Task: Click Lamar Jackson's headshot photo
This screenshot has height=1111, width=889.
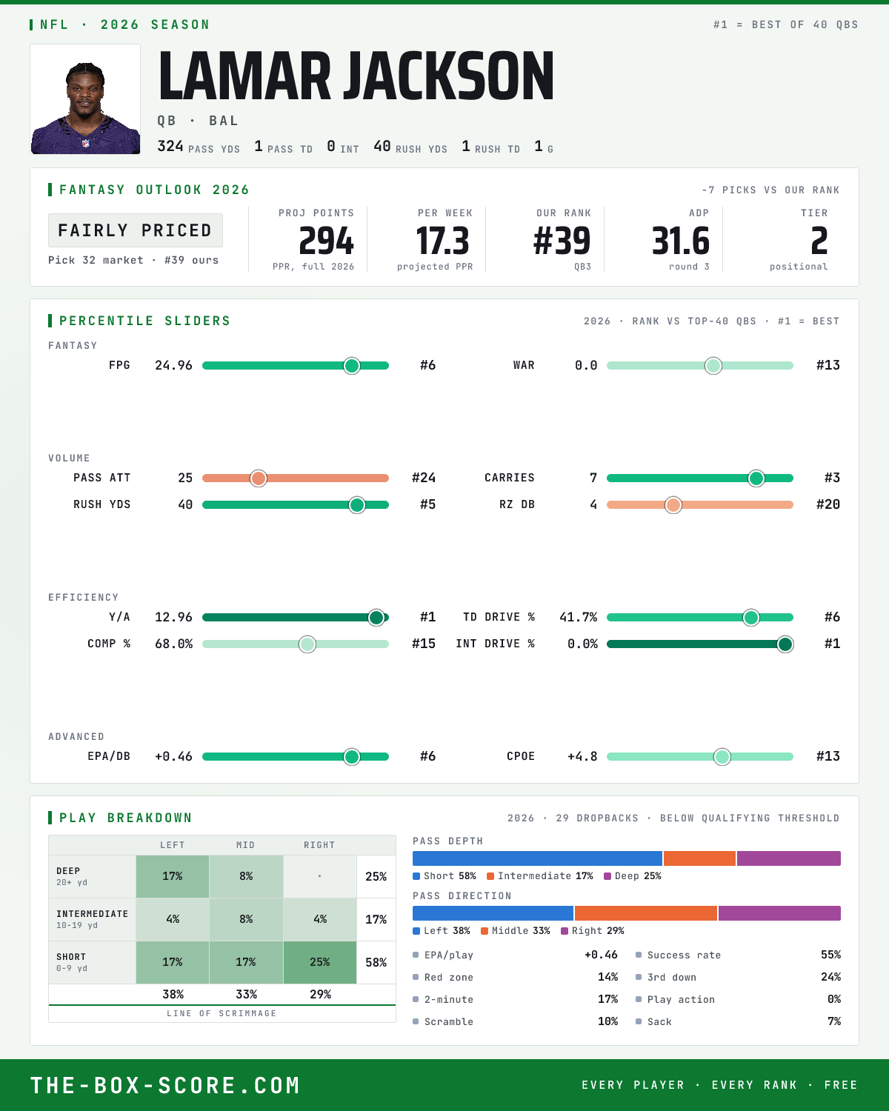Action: point(85,99)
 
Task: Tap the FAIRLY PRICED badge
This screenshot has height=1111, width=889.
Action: point(136,230)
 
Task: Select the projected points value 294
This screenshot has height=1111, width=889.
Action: point(327,241)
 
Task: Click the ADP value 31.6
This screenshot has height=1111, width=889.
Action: point(681,241)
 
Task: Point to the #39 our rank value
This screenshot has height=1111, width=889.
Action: point(562,241)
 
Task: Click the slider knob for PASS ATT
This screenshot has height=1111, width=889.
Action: point(259,478)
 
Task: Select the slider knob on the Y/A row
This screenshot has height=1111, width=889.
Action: point(376,618)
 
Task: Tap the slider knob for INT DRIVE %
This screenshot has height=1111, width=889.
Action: point(785,644)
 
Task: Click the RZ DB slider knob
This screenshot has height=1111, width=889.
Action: point(673,505)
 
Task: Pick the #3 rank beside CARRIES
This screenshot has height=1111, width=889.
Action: point(832,478)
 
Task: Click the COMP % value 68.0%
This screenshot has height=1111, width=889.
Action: point(173,644)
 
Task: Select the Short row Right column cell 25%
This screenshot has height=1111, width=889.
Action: point(320,962)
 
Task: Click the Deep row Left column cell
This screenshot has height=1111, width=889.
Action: point(173,877)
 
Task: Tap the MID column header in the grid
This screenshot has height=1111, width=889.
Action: point(246,845)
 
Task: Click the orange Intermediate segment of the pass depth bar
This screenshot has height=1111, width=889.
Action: point(699,858)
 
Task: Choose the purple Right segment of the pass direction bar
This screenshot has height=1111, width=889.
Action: point(779,913)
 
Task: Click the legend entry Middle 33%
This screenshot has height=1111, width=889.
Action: point(516,931)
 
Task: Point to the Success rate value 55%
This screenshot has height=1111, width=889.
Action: point(830,955)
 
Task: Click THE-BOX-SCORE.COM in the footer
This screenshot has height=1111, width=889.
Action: point(165,1085)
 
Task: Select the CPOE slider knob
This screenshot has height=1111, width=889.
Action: point(722,757)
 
